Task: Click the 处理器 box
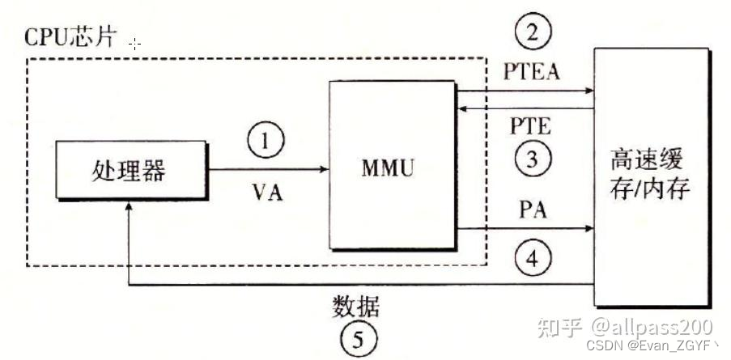(x=131, y=169)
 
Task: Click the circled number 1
(x=267, y=143)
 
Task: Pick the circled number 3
(x=532, y=159)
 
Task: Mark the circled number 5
(x=356, y=340)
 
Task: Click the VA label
(x=266, y=193)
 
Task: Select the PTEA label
(x=532, y=74)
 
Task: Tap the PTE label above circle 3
(x=532, y=126)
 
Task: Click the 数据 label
(x=356, y=307)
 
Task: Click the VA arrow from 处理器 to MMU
(x=267, y=169)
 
